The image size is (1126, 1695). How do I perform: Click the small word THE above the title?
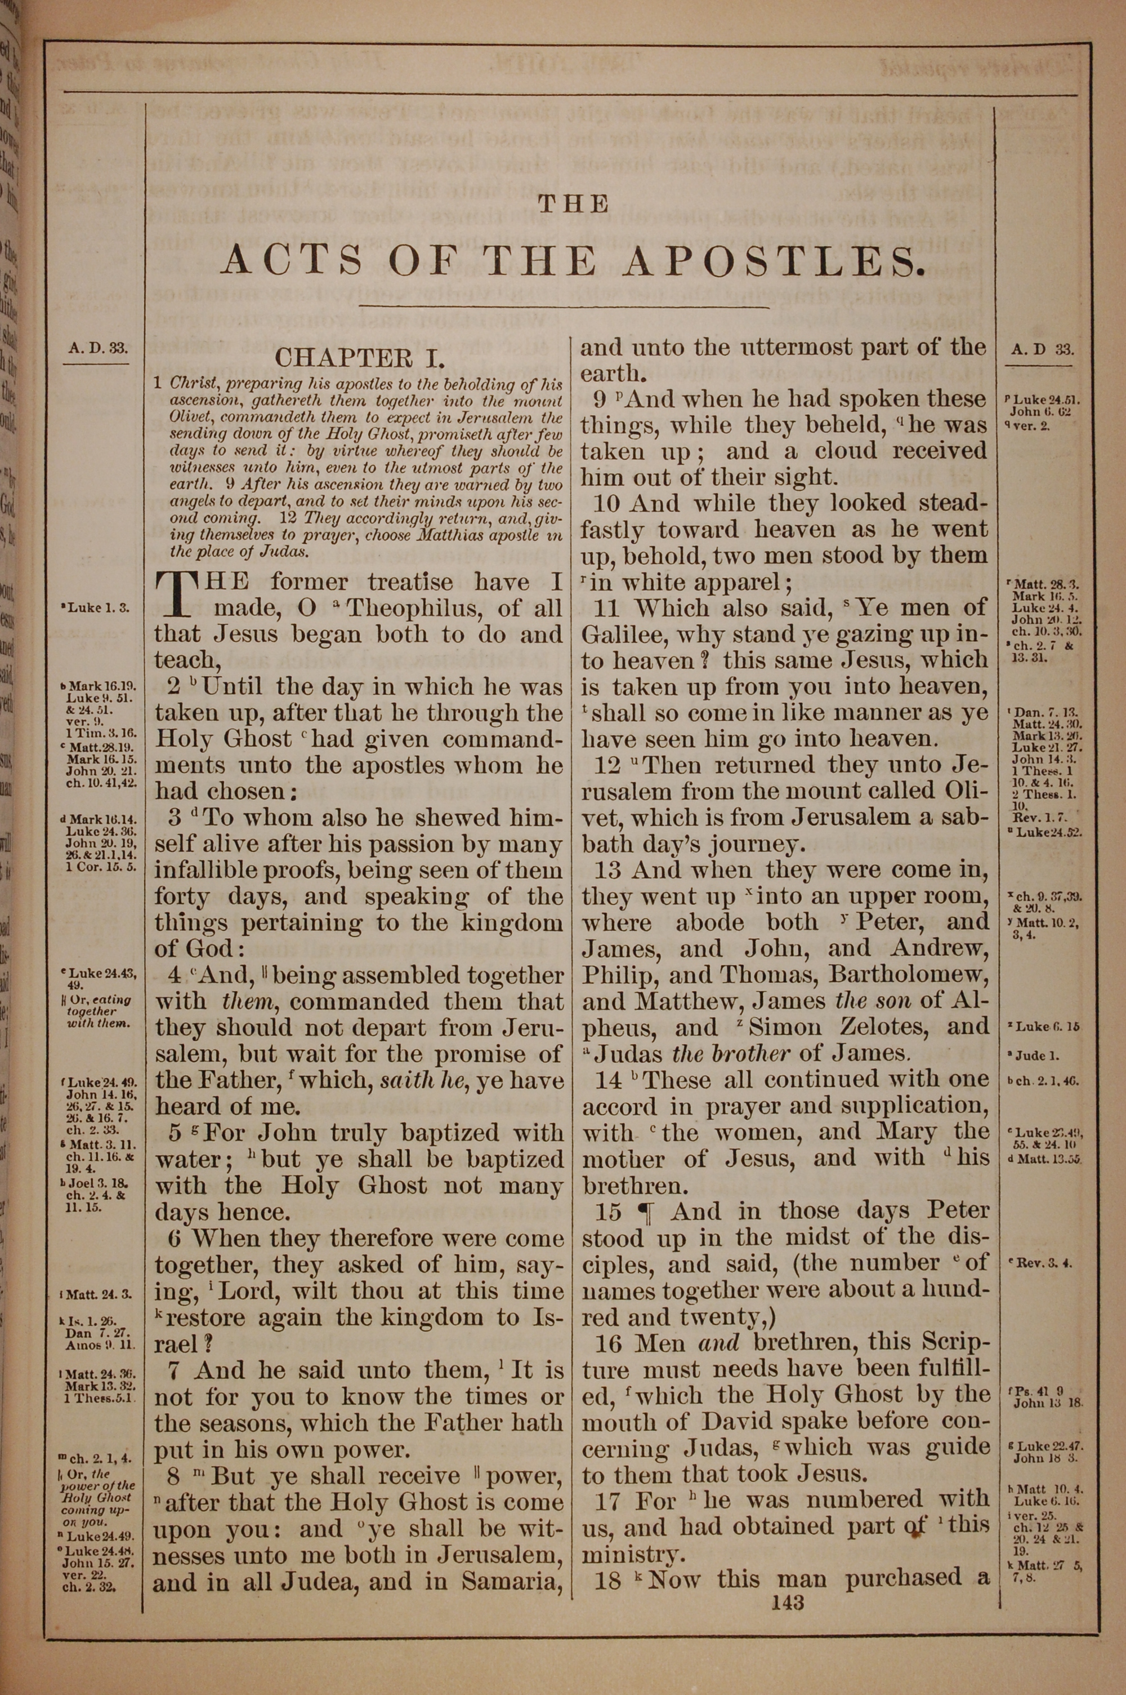click(x=573, y=205)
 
